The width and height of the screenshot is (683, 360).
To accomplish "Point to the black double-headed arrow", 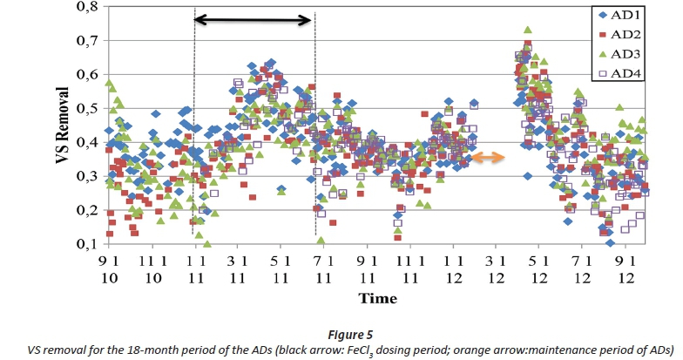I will point(252,18).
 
